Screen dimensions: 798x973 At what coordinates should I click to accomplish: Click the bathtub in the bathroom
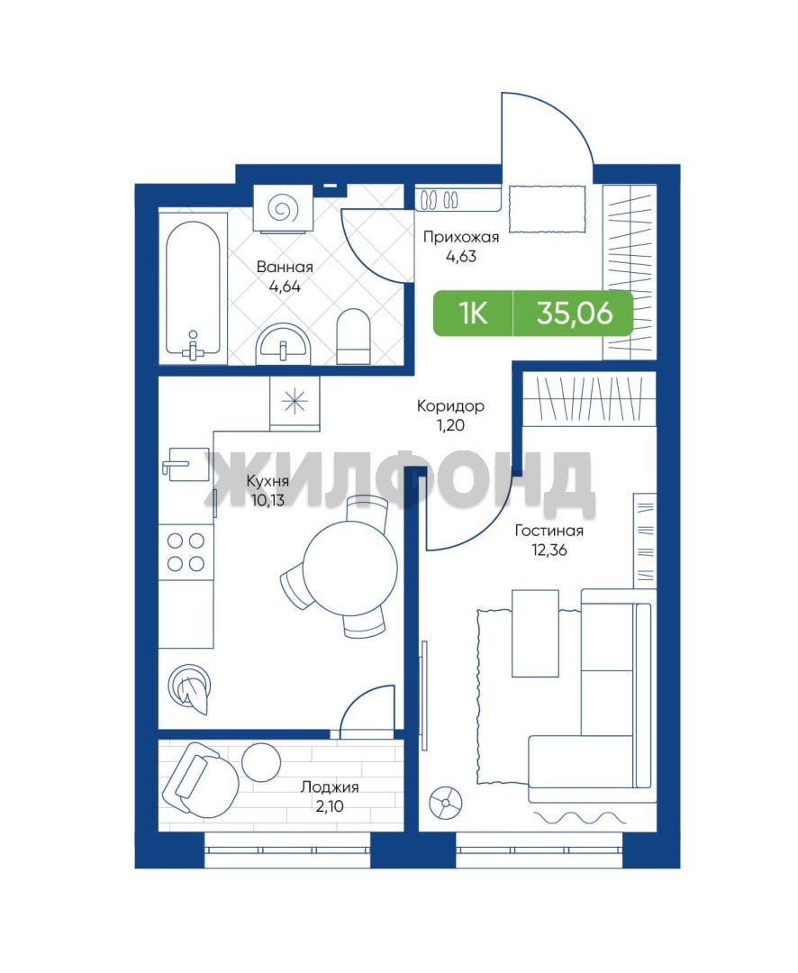click(x=193, y=288)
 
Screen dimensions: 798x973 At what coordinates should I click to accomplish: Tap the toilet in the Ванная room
click(x=354, y=336)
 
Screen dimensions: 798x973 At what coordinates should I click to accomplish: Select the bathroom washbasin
click(x=283, y=344)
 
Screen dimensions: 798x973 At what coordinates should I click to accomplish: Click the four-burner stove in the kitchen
click(x=186, y=551)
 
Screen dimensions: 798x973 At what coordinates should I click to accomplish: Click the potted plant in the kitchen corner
click(x=189, y=688)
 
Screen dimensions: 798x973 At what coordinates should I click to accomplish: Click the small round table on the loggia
click(x=260, y=762)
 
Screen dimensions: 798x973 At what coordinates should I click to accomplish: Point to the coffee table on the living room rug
click(x=535, y=633)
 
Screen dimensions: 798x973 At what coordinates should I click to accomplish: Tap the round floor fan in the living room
click(x=445, y=803)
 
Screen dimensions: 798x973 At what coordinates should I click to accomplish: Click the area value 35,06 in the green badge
click(x=575, y=314)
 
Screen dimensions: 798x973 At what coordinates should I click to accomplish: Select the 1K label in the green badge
click(x=473, y=314)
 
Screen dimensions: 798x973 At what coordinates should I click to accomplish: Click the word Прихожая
click(x=461, y=236)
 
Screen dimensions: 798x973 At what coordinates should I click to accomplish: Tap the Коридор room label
click(x=450, y=405)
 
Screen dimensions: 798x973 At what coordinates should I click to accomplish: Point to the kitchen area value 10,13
click(x=268, y=500)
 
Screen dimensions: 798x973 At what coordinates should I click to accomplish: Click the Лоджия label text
click(x=330, y=787)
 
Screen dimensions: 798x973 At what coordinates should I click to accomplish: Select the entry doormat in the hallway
click(x=548, y=208)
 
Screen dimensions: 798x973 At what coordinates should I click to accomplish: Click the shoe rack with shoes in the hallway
click(x=458, y=199)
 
